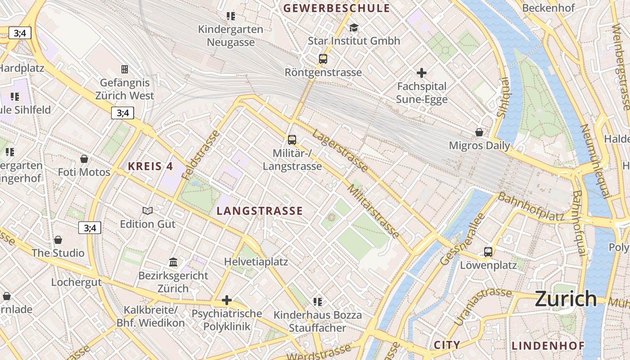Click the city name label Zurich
(x=566, y=299)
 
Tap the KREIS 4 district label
(x=150, y=166)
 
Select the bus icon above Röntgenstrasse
(x=323, y=58)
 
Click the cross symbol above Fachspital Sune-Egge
(x=422, y=72)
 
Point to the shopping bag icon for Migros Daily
(x=479, y=132)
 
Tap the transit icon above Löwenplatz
(x=488, y=252)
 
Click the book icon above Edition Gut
(x=148, y=211)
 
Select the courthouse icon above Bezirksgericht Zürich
(x=173, y=262)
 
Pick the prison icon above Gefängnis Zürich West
(x=125, y=69)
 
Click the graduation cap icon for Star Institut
(x=354, y=28)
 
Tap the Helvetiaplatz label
(x=256, y=261)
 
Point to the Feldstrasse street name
(x=201, y=155)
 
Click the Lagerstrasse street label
(x=341, y=150)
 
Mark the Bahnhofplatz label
(x=531, y=207)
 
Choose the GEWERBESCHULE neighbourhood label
(x=336, y=8)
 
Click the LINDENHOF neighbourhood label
(x=548, y=346)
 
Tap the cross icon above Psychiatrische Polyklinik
(x=227, y=300)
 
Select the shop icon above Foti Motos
(x=84, y=159)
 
